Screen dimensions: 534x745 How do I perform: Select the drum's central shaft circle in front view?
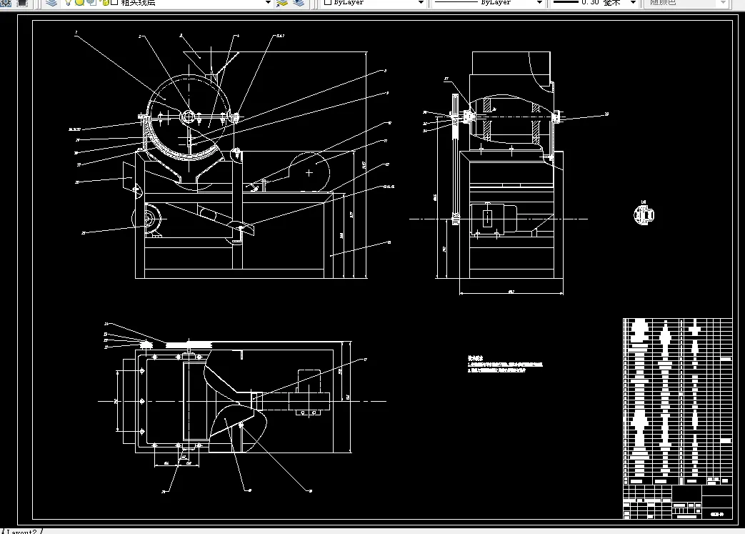[189, 117]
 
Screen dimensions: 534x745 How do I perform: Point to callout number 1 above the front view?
[76, 33]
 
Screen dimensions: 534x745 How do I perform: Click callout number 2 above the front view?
[140, 36]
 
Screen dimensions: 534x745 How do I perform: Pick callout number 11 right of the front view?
[386, 141]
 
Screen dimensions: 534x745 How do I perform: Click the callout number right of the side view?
[606, 114]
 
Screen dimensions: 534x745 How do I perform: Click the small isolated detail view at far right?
[644, 214]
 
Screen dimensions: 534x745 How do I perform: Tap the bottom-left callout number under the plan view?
[164, 492]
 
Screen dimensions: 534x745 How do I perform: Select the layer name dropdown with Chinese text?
[193, 3]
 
